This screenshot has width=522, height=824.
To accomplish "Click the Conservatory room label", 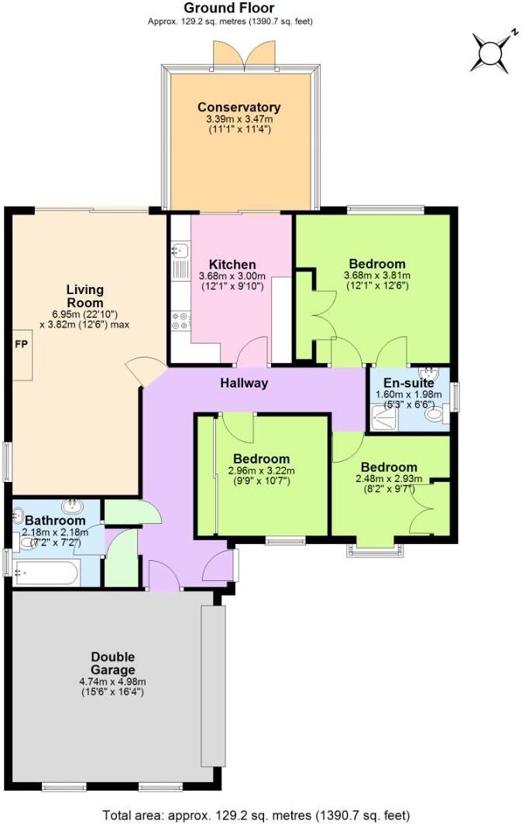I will (x=239, y=107).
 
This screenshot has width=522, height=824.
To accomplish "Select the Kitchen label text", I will (x=232, y=265).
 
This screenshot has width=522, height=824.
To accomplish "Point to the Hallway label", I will (x=244, y=383).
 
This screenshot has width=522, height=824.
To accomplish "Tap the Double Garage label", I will (x=113, y=663).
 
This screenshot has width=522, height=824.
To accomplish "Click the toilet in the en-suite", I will (x=436, y=415).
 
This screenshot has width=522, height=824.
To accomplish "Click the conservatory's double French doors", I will (x=238, y=54).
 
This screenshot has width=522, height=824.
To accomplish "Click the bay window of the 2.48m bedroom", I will (x=376, y=549).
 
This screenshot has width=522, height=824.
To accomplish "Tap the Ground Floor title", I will (x=230, y=8).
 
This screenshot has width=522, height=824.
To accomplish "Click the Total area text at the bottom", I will (x=256, y=815).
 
